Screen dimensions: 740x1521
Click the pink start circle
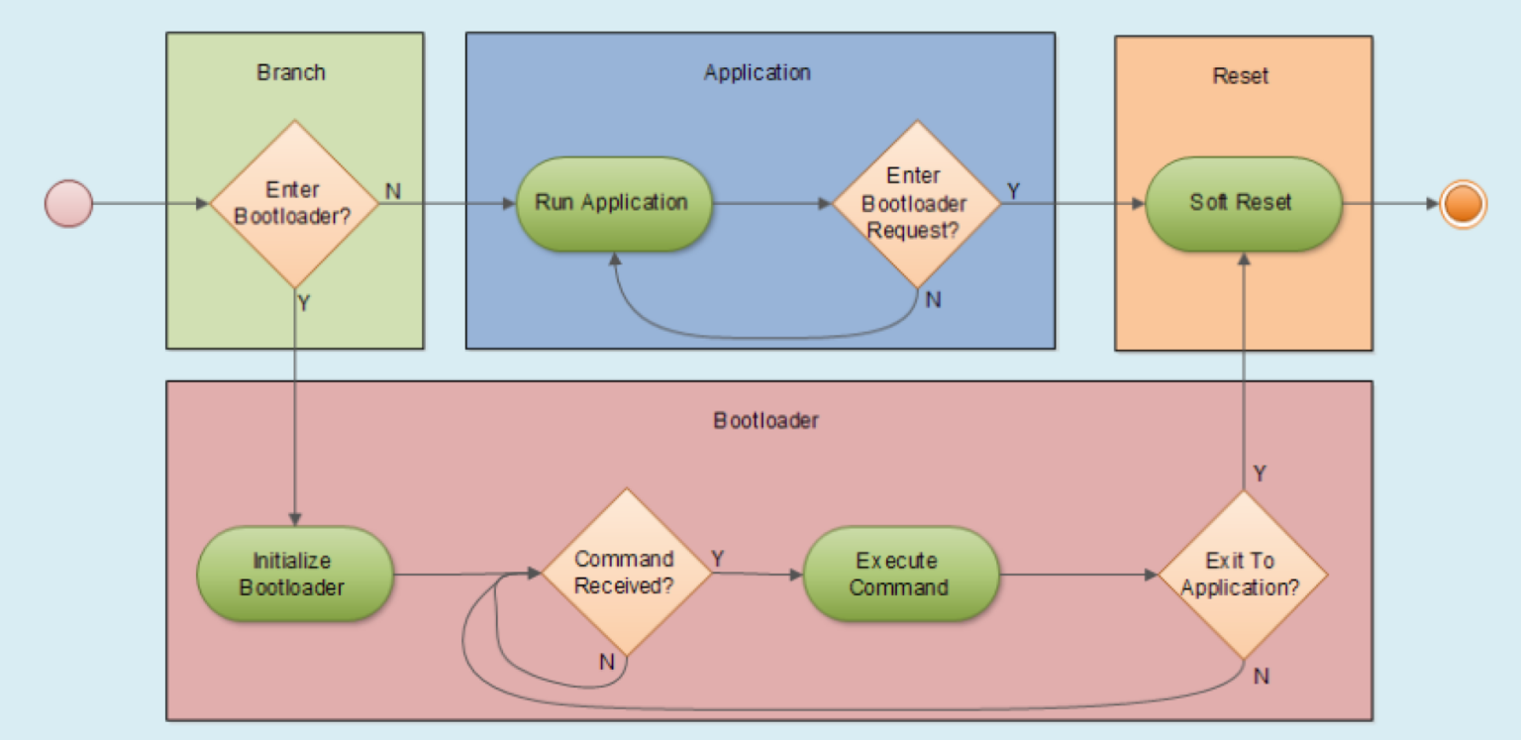pyautogui.click(x=68, y=205)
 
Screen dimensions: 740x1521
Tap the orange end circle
pyautogui.click(x=1463, y=205)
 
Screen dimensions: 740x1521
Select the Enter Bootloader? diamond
pyautogui.click(x=293, y=204)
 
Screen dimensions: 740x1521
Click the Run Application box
pyautogui.click(x=612, y=203)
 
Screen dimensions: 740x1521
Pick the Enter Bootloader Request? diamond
pyautogui.click(x=914, y=203)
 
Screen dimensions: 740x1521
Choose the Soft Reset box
pyautogui.click(x=1242, y=203)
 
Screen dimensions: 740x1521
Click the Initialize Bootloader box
pyautogui.click(x=293, y=575)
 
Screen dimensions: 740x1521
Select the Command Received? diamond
pyautogui.click(x=625, y=573)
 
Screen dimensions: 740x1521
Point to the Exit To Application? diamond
pyautogui.click(x=1242, y=575)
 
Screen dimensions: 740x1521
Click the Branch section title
pyautogui.click(x=291, y=72)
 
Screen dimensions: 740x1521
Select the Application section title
pyautogui.click(x=757, y=72)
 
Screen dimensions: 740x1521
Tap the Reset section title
pyautogui.click(x=1240, y=76)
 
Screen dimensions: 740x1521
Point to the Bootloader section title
pyautogui.click(x=765, y=420)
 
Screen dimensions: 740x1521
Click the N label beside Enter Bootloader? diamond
pyautogui.click(x=393, y=189)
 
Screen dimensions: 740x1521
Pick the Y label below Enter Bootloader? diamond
pyautogui.click(x=304, y=303)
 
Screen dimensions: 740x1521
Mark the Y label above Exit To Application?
pyautogui.click(x=1259, y=474)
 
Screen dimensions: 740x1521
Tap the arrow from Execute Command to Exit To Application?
pyautogui.click(x=1079, y=575)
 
